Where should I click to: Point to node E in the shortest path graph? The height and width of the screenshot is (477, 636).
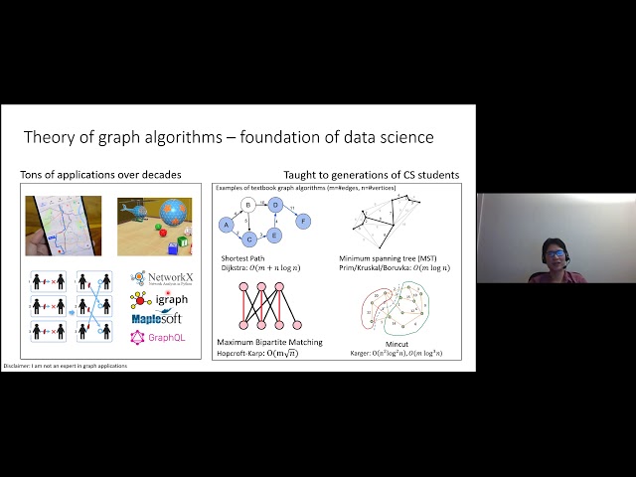point(275,235)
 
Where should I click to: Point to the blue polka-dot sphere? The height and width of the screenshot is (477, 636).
point(173,214)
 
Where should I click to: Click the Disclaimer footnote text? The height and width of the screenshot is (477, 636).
point(66,366)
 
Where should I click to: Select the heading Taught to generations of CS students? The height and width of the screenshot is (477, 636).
point(371,175)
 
